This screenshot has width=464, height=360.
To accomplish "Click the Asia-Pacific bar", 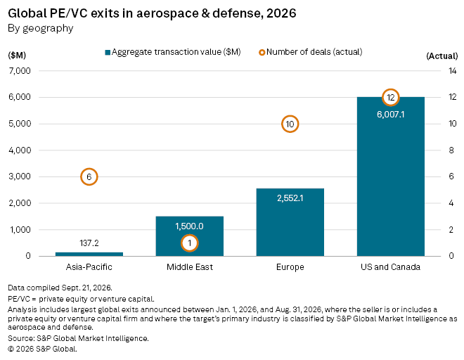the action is [x=89, y=254].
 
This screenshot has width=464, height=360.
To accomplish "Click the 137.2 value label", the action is [x=89, y=243].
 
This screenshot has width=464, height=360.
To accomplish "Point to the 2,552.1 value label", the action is [x=290, y=198].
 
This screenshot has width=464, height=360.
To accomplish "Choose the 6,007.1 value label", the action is [x=391, y=115].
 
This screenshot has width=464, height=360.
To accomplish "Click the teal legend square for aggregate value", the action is [x=108, y=53].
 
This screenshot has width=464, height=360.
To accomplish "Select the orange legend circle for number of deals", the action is [x=262, y=53].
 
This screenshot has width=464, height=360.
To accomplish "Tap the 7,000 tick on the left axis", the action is [x=20, y=71].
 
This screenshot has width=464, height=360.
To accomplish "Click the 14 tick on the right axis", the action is [x=453, y=71].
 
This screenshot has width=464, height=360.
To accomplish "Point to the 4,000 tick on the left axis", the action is [x=20, y=150].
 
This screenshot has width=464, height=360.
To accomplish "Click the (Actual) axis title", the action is [x=442, y=56].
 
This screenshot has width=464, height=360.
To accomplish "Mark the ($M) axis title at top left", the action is [x=17, y=56].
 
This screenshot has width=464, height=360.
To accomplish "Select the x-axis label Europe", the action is [x=290, y=267].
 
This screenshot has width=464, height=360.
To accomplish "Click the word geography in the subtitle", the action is [x=48, y=29].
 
